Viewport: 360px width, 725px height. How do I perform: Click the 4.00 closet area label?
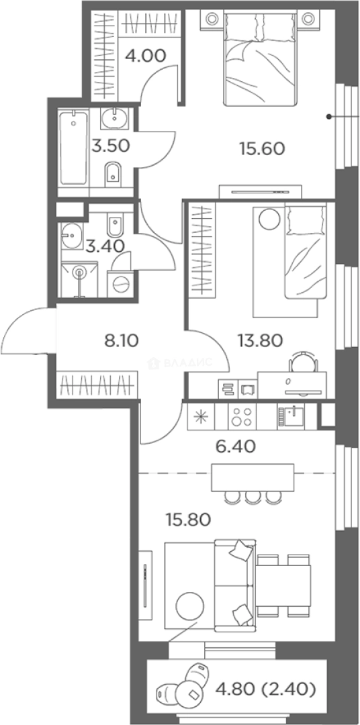pos(145,56)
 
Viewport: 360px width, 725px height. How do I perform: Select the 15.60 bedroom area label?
pos(261,148)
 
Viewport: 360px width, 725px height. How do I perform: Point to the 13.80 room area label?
pos(259,341)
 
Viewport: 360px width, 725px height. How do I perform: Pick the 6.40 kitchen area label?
pos(236,446)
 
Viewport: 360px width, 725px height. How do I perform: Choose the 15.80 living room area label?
pos(188,520)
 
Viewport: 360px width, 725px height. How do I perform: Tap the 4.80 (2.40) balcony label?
pos(265,690)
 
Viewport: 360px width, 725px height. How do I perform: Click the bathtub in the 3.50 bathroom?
pos(74,148)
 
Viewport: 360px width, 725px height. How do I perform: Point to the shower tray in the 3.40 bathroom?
pos(79,279)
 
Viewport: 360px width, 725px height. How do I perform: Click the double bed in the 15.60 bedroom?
pos(260,58)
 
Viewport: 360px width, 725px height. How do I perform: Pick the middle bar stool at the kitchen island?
pos(253,497)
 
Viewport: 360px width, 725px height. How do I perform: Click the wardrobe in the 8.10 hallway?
pos(97,384)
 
